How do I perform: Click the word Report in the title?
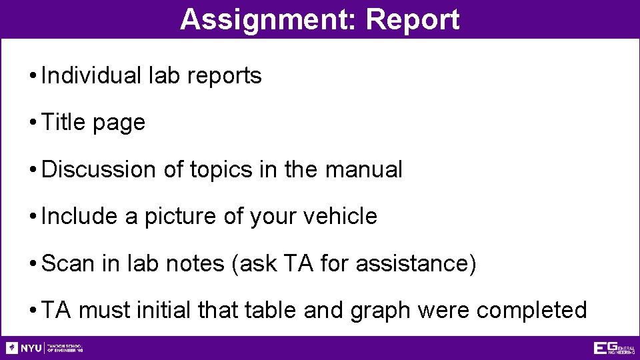coord(413,19)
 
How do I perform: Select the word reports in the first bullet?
coord(225,76)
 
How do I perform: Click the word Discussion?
coord(97,169)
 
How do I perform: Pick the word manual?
coord(364,169)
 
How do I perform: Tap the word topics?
coord(221,171)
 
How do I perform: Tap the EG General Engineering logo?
coord(614,348)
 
